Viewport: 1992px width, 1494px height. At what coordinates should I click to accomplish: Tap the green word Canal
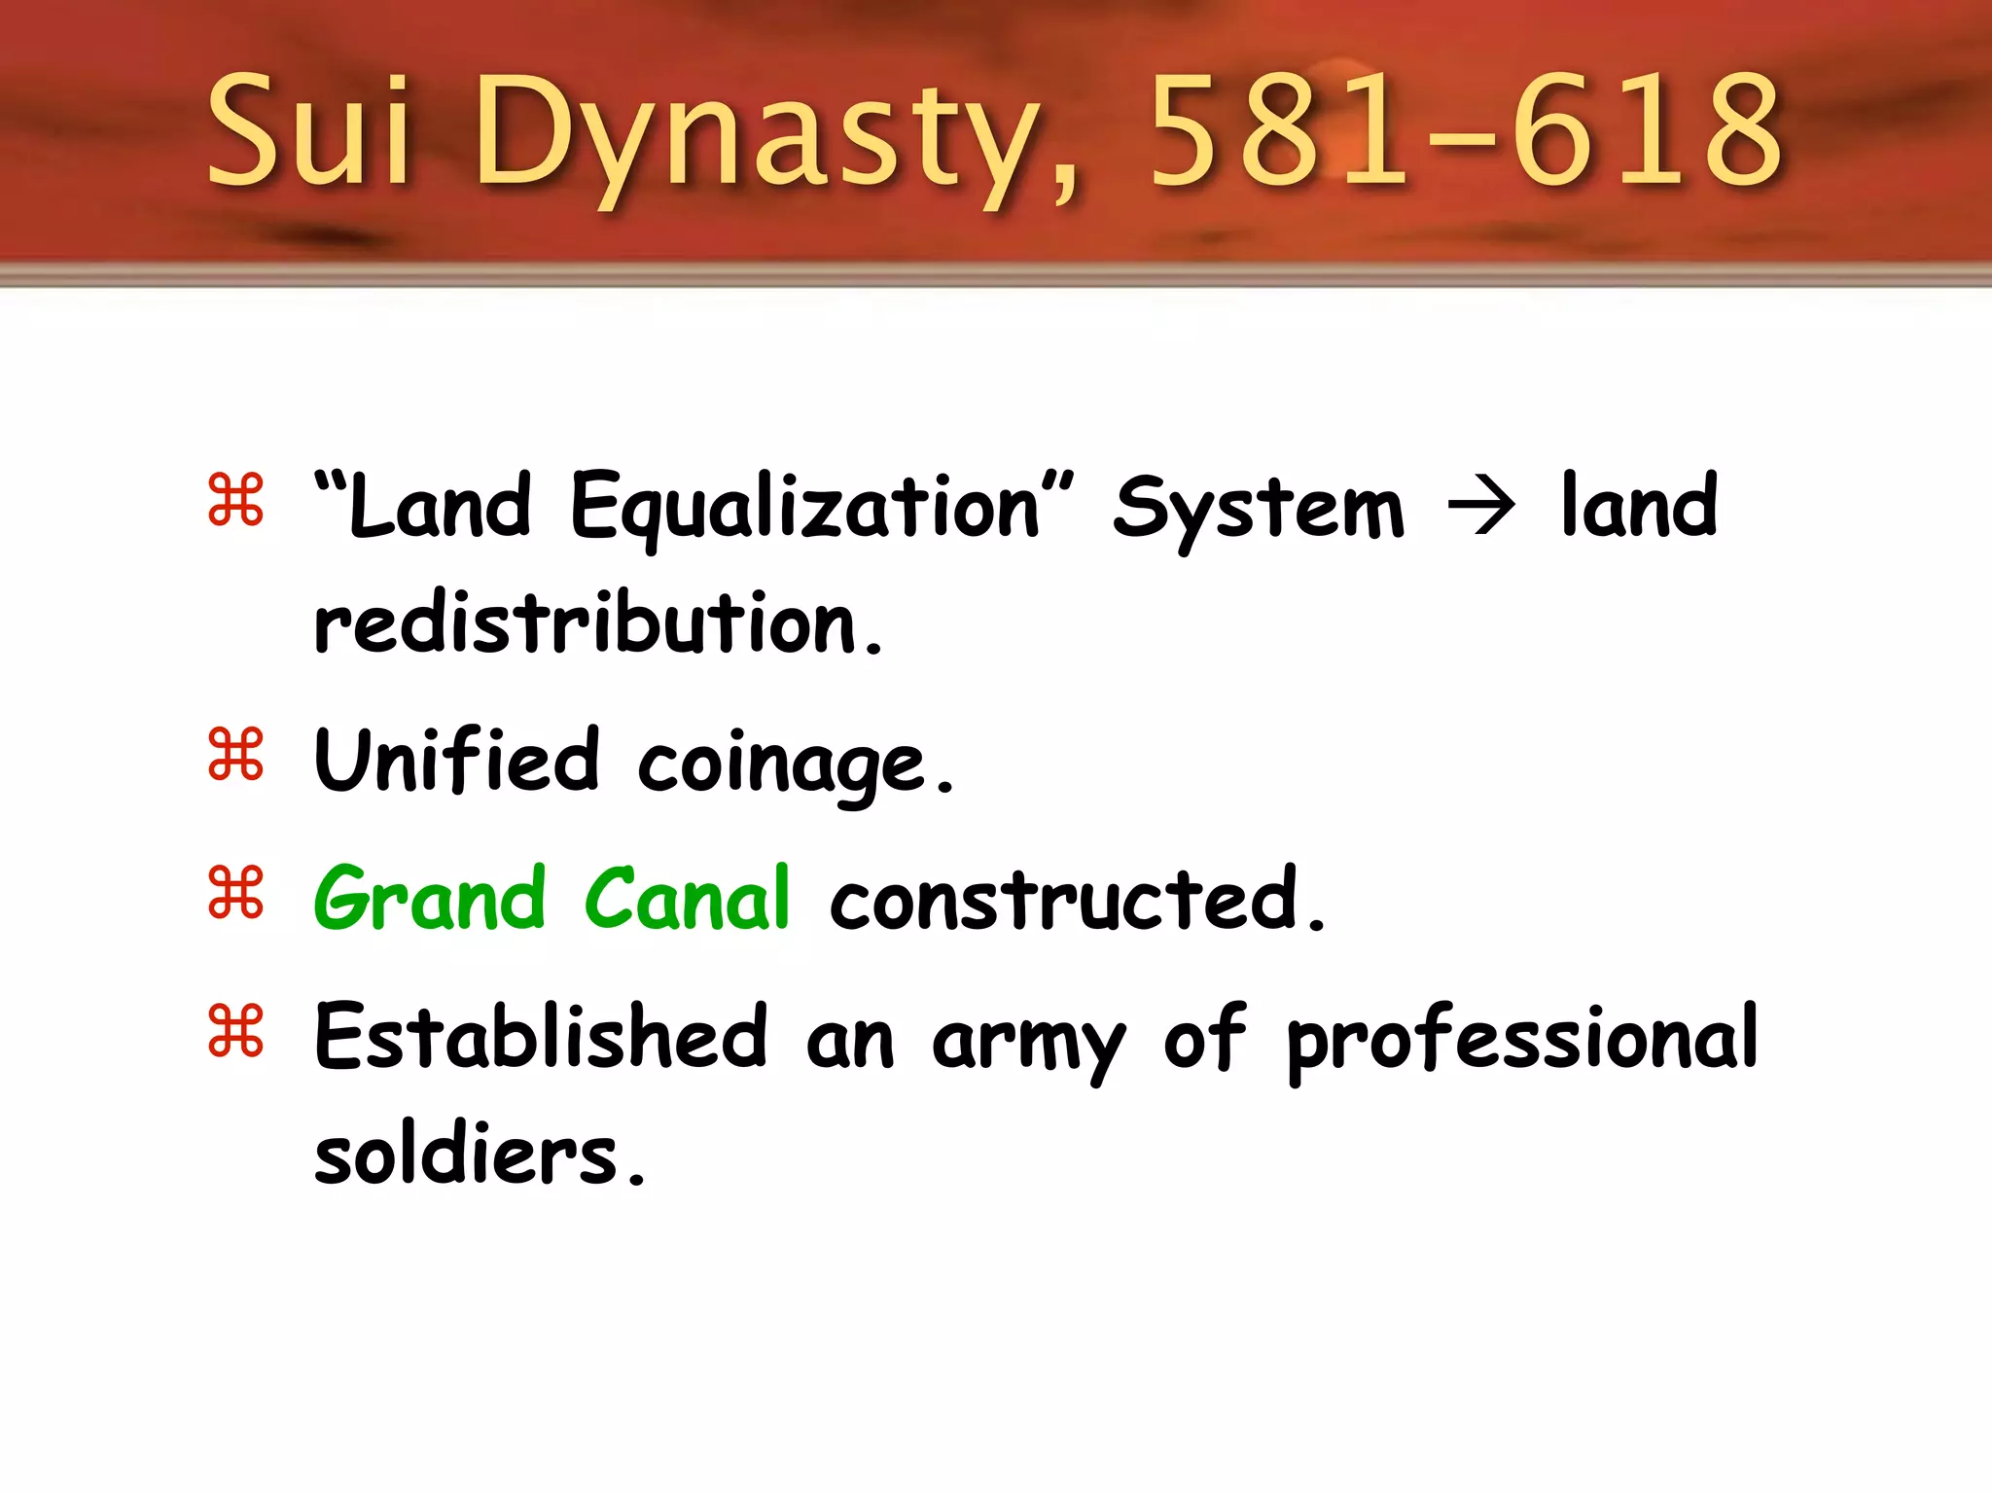click(687, 898)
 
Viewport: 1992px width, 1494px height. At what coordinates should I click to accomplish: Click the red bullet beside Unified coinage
click(235, 754)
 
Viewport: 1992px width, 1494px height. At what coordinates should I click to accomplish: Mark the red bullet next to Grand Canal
click(235, 892)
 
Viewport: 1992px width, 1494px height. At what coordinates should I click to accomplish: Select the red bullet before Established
click(235, 1030)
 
